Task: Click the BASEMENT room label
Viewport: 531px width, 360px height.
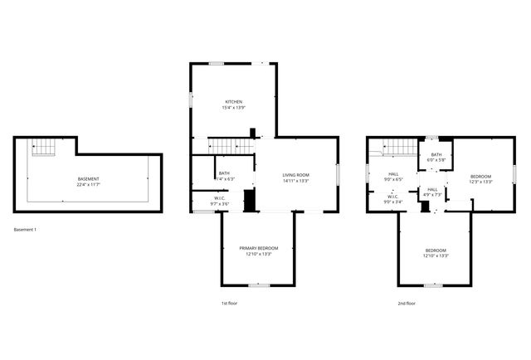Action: pyautogui.click(x=89, y=179)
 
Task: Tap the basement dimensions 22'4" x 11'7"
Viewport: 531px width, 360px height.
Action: pyautogui.click(x=89, y=185)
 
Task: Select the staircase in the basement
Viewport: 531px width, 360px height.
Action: pyautogui.click(x=43, y=148)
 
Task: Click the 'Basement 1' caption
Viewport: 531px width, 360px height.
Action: pyautogui.click(x=26, y=229)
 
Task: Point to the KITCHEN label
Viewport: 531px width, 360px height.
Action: pyautogui.click(x=233, y=102)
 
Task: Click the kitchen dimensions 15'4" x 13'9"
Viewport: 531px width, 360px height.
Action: pyautogui.click(x=233, y=108)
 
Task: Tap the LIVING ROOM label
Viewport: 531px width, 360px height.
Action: pyautogui.click(x=295, y=174)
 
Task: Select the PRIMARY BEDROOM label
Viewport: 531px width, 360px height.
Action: pyautogui.click(x=259, y=248)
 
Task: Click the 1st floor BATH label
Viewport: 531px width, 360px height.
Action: pyautogui.click(x=224, y=173)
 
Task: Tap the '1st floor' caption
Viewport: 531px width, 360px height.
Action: pyautogui.click(x=230, y=304)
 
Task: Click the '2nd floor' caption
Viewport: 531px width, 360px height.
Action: pyautogui.click(x=407, y=304)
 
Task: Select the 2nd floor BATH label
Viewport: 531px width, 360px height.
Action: pyautogui.click(x=436, y=154)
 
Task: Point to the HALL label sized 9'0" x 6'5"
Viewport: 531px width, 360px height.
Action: pyautogui.click(x=393, y=173)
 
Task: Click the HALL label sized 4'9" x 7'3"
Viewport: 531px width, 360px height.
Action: pyautogui.click(x=432, y=189)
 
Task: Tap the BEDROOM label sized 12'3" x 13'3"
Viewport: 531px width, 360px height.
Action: pyautogui.click(x=481, y=176)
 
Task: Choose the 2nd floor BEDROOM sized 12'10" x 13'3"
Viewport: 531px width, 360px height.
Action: pyautogui.click(x=436, y=251)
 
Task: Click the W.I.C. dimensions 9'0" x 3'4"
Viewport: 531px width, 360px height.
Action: pyautogui.click(x=393, y=202)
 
